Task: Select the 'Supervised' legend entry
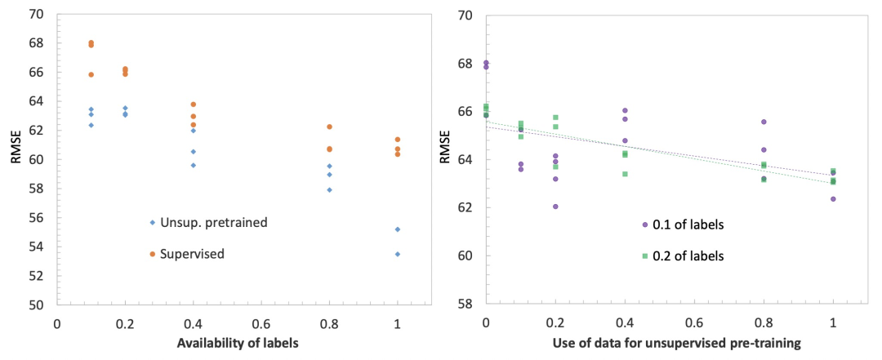tap(192, 255)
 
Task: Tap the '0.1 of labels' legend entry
tap(683, 224)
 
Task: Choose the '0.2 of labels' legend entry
tap(683, 256)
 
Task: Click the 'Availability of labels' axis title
tap(238, 343)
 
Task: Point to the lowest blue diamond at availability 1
tap(398, 254)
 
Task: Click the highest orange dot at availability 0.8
tap(329, 127)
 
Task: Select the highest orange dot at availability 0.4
tap(193, 104)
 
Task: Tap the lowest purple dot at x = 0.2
tap(555, 207)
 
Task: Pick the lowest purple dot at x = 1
tap(833, 198)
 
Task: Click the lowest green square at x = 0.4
tap(625, 174)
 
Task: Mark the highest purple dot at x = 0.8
tap(764, 122)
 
